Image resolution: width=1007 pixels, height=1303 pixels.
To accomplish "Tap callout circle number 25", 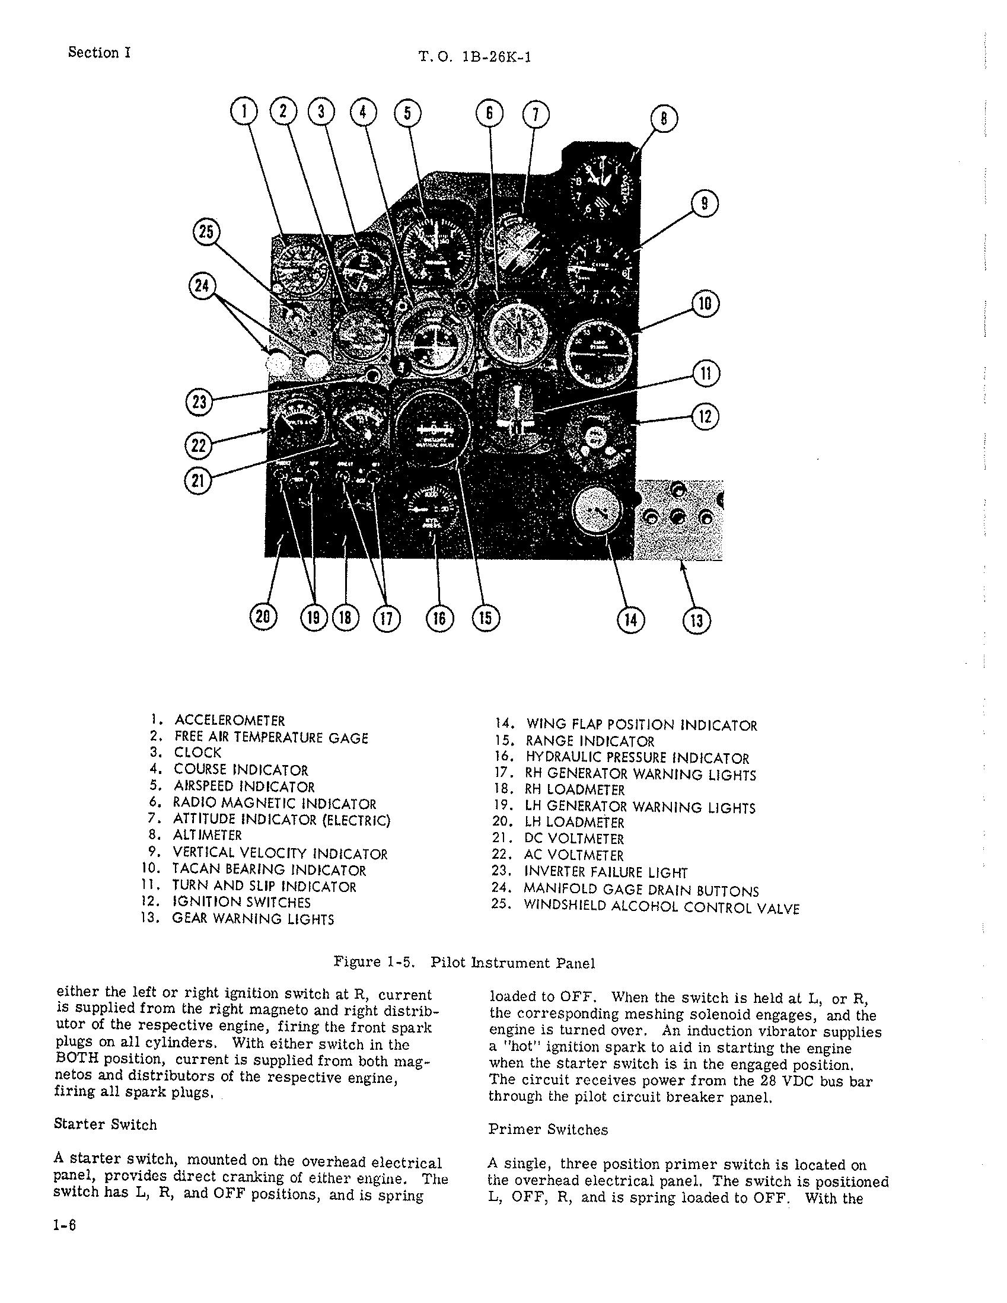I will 205,232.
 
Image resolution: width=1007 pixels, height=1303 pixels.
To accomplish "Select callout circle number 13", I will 696,620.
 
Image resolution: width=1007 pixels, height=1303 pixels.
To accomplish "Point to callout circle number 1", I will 243,113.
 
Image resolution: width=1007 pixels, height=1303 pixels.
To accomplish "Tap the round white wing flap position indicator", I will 597,512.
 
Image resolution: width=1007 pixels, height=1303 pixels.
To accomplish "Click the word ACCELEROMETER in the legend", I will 229,720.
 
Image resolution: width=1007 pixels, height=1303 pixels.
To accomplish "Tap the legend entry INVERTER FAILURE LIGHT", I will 606,872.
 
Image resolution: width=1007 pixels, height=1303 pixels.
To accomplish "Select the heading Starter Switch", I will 105,1124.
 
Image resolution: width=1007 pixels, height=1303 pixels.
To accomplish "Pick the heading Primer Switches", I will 547,1129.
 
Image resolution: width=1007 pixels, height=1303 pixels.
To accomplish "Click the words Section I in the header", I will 99,53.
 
